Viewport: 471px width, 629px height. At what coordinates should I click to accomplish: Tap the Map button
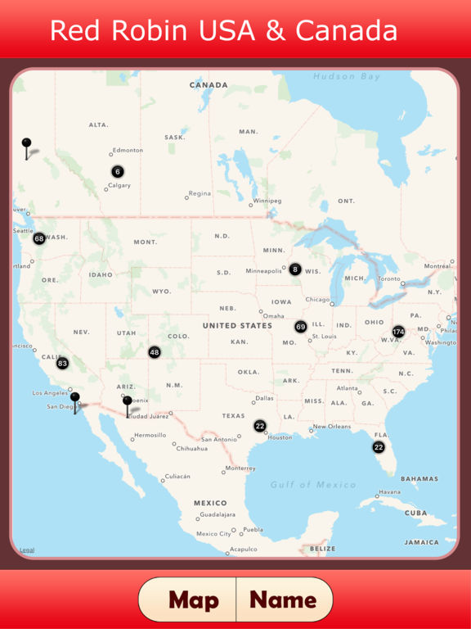click(x=194, y=600)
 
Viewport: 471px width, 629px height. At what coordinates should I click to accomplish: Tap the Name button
click(x=283, y=600)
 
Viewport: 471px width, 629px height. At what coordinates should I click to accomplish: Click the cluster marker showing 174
click(x=398, y=332)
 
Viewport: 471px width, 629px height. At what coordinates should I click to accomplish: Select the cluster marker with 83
click(x=62, y=363)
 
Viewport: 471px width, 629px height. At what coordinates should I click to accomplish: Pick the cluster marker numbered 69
click(x=301, y=326)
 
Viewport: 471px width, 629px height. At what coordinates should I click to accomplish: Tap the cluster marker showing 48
click(x=155, y=352)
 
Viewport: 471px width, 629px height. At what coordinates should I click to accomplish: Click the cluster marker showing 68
click(x=39, y=238)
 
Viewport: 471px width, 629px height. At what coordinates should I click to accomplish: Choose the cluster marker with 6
click(x=118, y=171)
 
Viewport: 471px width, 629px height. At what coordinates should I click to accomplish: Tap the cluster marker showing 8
click(x=295, y=269)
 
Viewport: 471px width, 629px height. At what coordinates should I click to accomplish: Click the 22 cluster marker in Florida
click(x=379, y=447)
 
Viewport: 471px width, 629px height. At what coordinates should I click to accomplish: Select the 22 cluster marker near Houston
click(x=260, y=426)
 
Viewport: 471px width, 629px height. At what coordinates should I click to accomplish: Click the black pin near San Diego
click(x=74, y=399)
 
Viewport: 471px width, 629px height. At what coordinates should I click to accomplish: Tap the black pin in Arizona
click(x=127, y=402)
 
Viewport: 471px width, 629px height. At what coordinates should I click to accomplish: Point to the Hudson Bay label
click(x=347, y=76)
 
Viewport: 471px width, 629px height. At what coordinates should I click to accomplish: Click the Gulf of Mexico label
click(x=314, y=485)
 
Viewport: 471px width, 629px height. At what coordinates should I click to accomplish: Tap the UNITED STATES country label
click(x=237, y=325)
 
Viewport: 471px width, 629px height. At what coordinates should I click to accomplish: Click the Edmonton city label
click(x=128, y=150)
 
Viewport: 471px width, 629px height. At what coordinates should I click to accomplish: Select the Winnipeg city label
click(x=267, y=201)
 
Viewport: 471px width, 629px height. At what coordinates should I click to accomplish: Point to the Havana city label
click(x=389, y=491)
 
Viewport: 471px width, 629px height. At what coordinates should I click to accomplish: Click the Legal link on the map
click(x=27, y=550)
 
